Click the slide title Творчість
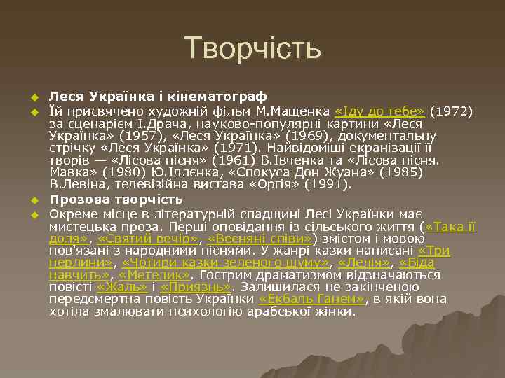click(253, 49)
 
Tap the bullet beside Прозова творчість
click(32, 201)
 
